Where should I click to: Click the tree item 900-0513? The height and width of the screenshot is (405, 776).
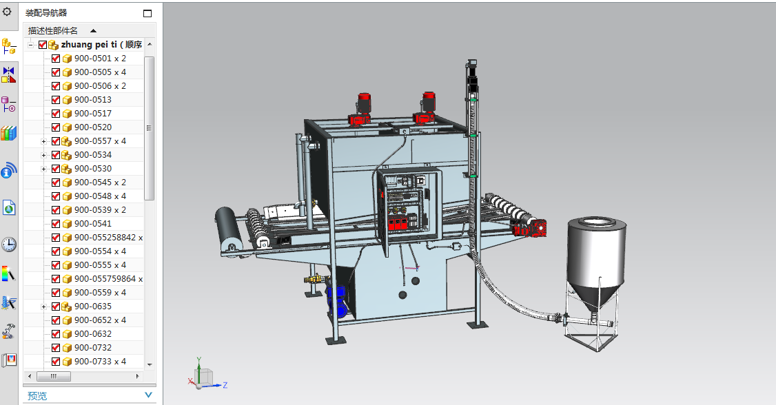click(93, 100)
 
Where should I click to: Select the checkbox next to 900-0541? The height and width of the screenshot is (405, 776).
click(56, 224)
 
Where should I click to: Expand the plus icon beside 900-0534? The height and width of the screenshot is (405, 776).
click(43, 155)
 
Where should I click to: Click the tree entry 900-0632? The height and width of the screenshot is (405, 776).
click(93, 334)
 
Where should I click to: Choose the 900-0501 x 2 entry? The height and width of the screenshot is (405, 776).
click(100, 59)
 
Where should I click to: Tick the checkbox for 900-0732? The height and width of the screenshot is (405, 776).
click(56, 348)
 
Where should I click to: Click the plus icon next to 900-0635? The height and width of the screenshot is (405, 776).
click(43, 307)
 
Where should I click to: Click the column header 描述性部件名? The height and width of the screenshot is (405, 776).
click(53, 31)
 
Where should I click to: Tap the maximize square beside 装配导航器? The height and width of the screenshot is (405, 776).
click(147, 13)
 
